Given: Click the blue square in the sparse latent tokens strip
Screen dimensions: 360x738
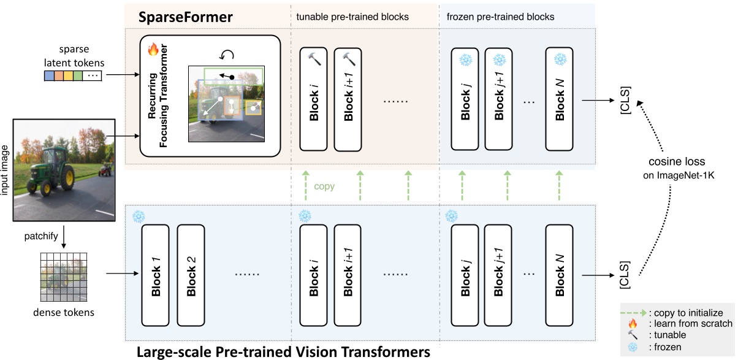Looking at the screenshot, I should [x=48, y=76].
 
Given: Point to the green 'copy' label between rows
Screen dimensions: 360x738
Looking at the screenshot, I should [x=324, y=186].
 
